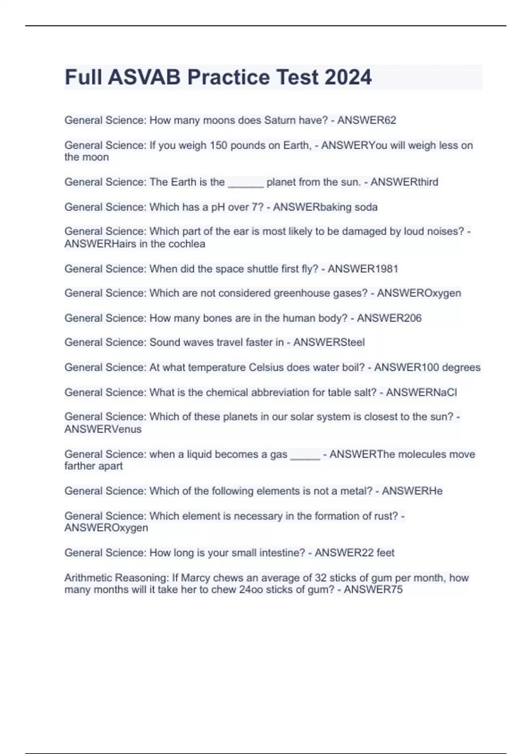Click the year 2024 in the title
click(x=348, y=77)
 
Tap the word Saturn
click(x=280, y=120)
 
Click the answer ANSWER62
click(x=367, y=120)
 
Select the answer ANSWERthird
click(x=404, y=182)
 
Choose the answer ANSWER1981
click(x=363, y=269)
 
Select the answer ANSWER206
click(x=389, y=318)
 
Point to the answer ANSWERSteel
click(x=329, y=342)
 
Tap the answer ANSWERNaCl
click(x=421, y=393)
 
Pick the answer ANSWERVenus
click(x=103, y=429)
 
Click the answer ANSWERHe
click(x=412, y=491)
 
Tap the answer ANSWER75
click(x=373, y=590)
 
